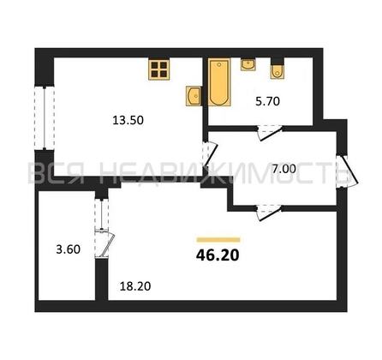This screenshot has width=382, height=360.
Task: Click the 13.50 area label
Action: coord(128,121)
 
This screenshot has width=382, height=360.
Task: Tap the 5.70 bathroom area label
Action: coord(267,101)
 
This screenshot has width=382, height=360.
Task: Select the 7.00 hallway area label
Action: coord(284,169)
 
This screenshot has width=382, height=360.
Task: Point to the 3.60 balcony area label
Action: coord(69,249)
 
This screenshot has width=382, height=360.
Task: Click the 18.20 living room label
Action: coord(135,286)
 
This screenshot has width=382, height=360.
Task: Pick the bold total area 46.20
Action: coord(218,255)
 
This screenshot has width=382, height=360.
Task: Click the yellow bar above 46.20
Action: coord(218,240)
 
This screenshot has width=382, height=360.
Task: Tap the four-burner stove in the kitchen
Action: coord(159,69)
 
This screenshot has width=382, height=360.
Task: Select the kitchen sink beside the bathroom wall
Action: coord(194,96)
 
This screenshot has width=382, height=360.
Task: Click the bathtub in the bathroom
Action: coord(219,82)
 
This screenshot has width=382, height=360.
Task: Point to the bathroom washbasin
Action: coord(248,64)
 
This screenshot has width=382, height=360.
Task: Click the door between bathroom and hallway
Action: coord(269,133)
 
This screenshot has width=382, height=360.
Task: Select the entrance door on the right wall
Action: coord(348,171)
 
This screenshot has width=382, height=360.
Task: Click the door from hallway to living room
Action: coord(269,212)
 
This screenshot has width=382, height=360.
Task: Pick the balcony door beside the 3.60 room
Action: coord(104,243)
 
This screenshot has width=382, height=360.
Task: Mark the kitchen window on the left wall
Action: coord(45,117)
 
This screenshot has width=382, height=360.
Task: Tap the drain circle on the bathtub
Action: coord(219,64)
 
